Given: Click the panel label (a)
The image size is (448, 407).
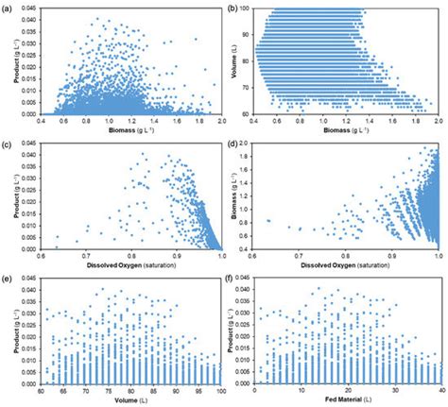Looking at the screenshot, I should pyautogui.click(x=8, y=7).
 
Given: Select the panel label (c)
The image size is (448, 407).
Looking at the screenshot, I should pyautogui.click(x=8, y=144).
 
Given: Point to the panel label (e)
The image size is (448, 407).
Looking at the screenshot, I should pyautogui.click(x=8, y=280).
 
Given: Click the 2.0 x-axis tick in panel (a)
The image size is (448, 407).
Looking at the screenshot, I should pyautogui.click(x=221, y=121).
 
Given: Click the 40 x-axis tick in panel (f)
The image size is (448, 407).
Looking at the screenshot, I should pyautogui.click(x=439, y=391).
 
